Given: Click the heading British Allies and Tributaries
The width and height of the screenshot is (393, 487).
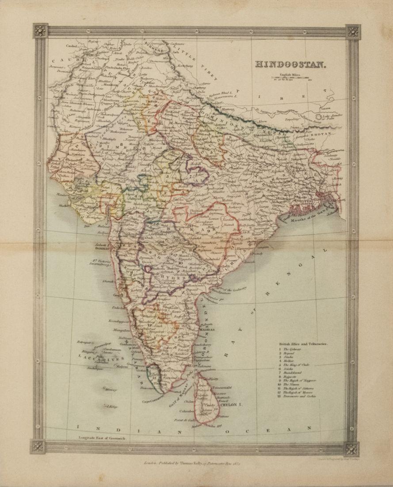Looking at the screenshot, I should pos(306,343).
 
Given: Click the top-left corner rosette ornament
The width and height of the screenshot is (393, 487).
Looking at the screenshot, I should pos(40,31).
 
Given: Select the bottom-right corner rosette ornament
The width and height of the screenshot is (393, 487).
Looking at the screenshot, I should pos(351,448).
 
